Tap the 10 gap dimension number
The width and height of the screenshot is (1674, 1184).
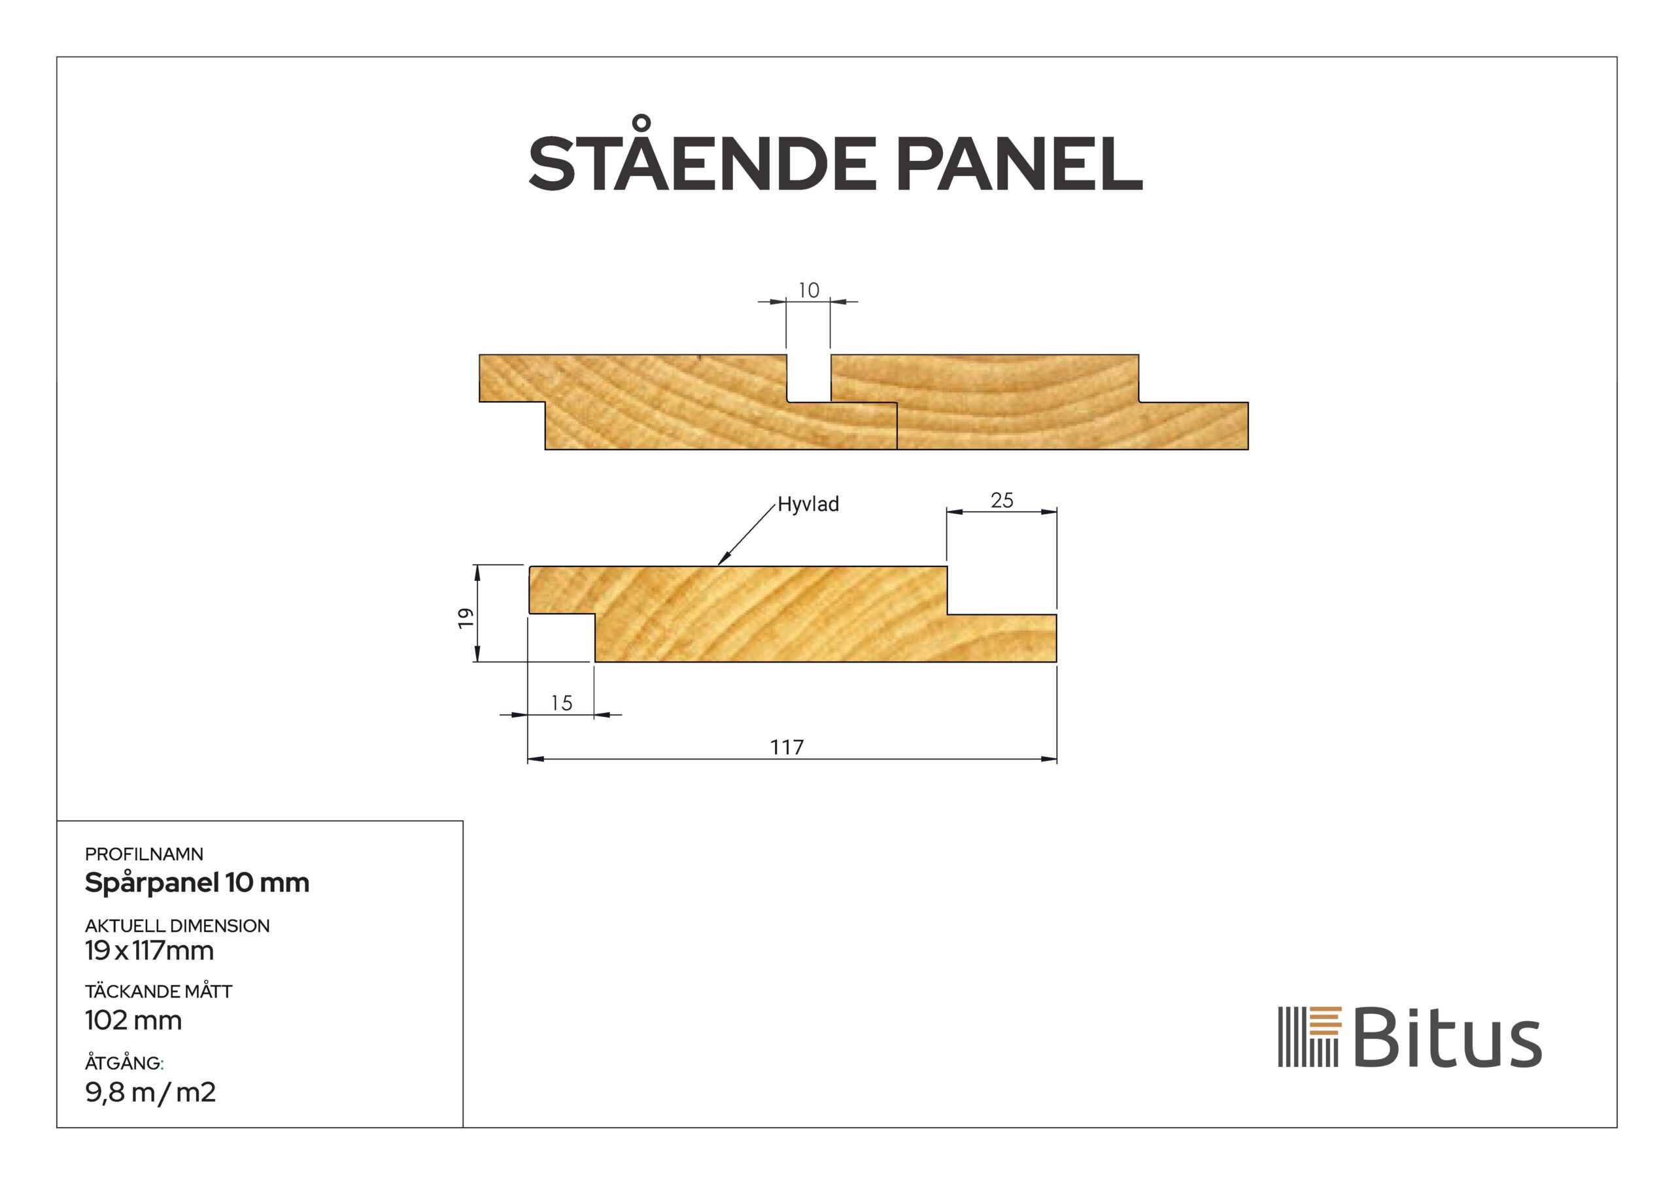[x=809, y=290]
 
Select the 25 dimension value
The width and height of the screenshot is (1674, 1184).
[x=1002, y=500]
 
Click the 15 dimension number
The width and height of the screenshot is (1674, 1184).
[x=562, y=703]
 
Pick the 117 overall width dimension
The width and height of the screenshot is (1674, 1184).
[x=787, y=748]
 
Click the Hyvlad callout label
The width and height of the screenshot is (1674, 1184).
[x=808, y=504]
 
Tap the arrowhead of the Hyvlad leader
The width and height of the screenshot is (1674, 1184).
[x=721, y=562]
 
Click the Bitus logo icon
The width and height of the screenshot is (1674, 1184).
[x=1310, y=1037]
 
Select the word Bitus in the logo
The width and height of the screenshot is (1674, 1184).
[x=1447, y=1037]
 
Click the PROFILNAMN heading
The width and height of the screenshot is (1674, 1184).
[x=145, y=854]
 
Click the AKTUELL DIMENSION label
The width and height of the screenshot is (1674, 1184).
[x=177, y=926]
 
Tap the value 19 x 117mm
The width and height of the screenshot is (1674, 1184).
[x=150, y=951]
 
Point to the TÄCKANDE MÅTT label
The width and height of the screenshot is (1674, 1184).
[x=158, y=992]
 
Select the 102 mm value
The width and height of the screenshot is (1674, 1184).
[x=133, y=1020]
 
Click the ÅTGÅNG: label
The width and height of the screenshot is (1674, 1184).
[x=124, y=1064]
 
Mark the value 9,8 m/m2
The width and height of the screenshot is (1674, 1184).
[x=150, y=1093]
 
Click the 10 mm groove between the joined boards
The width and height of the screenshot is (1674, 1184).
[x=809, y=378]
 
